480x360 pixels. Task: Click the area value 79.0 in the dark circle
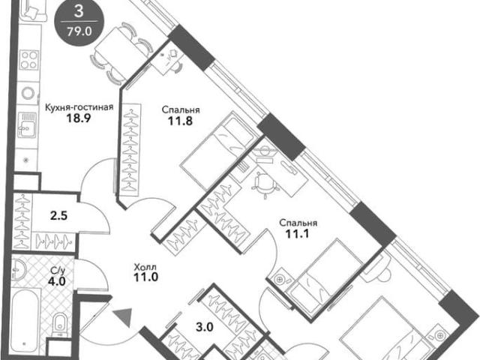click(79, 31)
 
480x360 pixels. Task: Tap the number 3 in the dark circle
click(79, 11)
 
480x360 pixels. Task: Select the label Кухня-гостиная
click(79, 107)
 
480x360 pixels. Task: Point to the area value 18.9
click(79, 118)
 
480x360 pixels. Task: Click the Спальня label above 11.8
click(181, 110)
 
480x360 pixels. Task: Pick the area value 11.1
click(297, 234)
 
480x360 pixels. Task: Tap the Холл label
click(145, 268)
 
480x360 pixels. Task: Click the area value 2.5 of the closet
click(58, 216)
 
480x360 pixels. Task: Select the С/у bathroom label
click(58, 271)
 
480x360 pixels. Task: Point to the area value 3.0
click(205, 327)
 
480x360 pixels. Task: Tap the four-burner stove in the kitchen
click(29, 60)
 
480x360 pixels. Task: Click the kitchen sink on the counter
click(27, 125)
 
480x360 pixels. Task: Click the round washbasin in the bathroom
click(19, 269)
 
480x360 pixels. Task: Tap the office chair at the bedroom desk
click(265, 184)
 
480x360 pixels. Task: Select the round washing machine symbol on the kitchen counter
click(28, 93)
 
